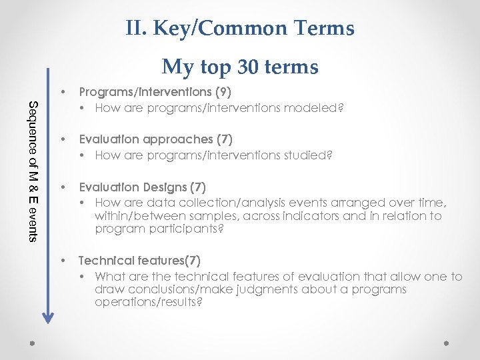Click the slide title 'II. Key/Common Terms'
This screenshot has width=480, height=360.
(239, 29)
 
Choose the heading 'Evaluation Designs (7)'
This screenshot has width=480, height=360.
(142, 187)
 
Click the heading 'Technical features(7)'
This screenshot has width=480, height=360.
(139, 260)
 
